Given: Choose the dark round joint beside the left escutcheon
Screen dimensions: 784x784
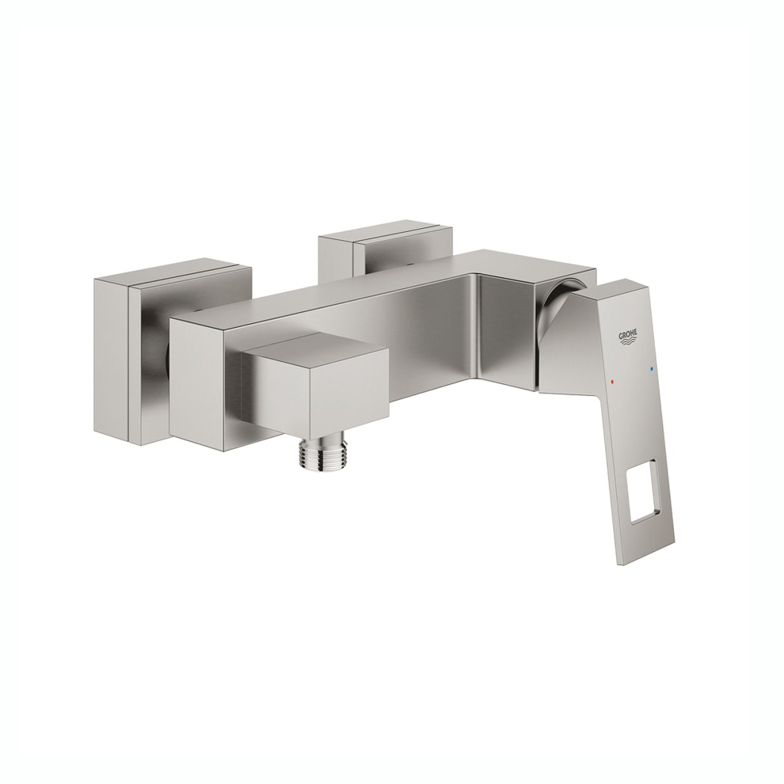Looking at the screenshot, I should [166, 363].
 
